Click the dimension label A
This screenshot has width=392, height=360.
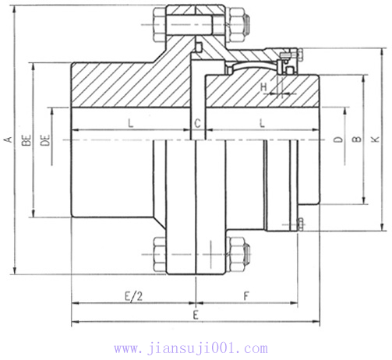click(8, 140)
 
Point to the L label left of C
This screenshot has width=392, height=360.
click(129, 124)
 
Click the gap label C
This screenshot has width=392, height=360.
click(198, 124)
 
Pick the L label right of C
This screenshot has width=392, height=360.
click(261, 124)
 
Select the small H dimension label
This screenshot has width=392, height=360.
click(263, 86)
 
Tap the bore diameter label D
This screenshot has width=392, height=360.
click(337, 140)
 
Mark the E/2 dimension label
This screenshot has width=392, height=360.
click(133, 297)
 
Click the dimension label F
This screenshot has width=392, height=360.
click(245, 297)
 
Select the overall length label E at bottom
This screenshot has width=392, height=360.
click(196, 316)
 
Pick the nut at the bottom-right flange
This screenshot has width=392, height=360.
click(237, 250)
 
